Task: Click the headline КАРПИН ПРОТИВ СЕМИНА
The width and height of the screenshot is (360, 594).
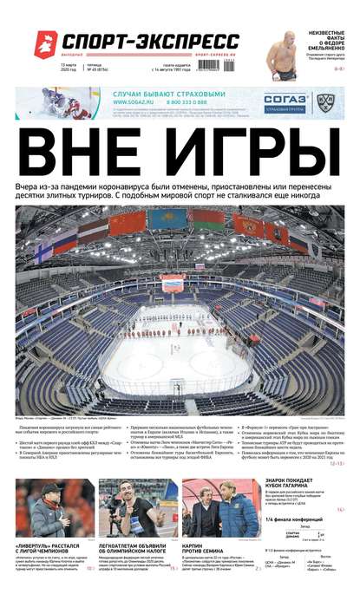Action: click(204, 548)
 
